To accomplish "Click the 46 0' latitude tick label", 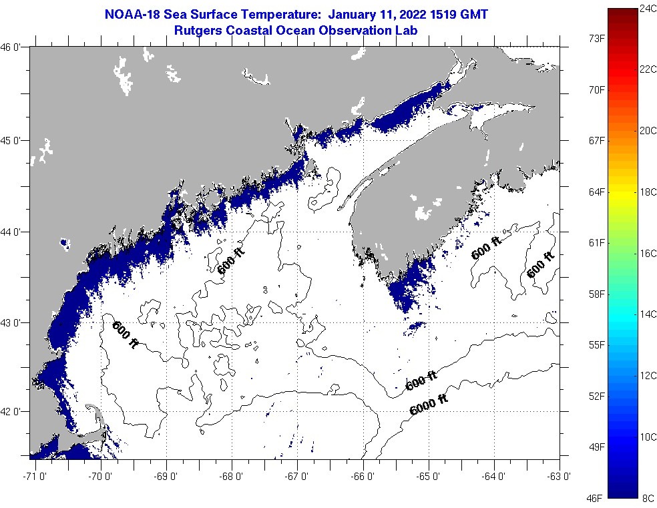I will click(x=14, y=47).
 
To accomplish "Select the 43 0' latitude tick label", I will click(x=14, y=323).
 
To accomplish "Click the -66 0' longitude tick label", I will click(x=363, y=476).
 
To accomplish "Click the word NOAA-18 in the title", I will click(x=129, y=14).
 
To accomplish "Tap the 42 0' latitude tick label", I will click(x=14, y=412).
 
